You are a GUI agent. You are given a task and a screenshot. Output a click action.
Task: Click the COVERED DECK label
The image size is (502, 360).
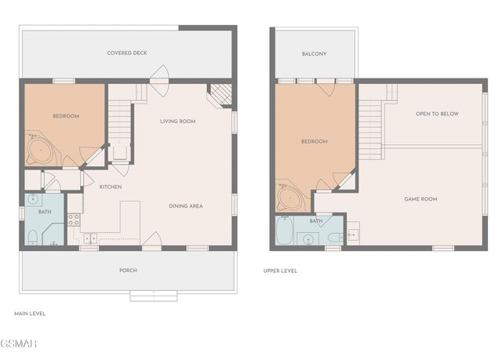coord(127,53)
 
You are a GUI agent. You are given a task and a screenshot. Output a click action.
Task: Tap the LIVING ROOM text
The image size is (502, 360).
coord(177,122)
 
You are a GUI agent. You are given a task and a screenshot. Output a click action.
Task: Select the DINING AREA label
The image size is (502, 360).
coord(186,206)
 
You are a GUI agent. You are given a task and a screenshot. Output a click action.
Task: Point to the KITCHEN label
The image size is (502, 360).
coord(110,187)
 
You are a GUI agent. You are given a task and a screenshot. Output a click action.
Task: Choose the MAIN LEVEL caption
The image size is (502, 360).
coord(30,314)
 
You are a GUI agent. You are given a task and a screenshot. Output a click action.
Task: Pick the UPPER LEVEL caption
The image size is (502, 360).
coord(280,271)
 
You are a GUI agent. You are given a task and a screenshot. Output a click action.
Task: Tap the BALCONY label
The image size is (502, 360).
coord(314,54)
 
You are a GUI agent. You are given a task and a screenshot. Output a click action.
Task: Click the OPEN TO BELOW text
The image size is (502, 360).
coord(437,114)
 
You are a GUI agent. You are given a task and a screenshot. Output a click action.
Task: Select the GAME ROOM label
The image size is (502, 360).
coord(420,199)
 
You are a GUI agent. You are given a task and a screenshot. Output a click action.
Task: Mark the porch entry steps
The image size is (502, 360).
coord(153,296)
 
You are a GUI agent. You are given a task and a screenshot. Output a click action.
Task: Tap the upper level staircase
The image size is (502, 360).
coord(372,122)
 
